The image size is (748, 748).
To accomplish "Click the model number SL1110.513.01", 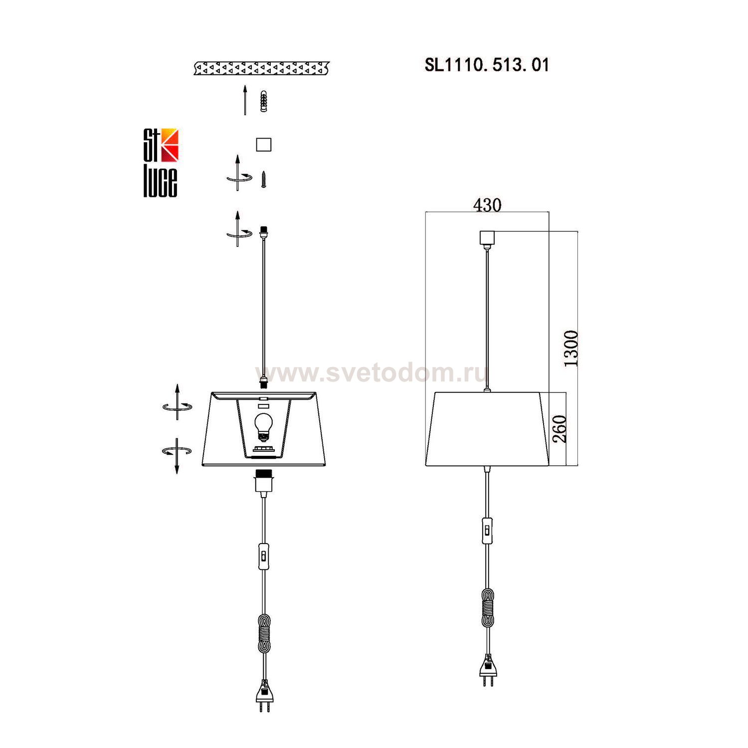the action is click(x=487, y=65).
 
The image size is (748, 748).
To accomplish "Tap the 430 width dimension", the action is click(x=487, y=204).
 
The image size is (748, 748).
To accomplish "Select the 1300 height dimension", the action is click(x=571, y=348).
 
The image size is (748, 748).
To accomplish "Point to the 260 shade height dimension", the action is click(x=560, y=429).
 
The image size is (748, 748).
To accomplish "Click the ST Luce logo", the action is click(x=161, y=163).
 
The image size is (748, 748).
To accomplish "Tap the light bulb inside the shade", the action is click(x=263, y=427).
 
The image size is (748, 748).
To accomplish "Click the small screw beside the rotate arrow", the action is click(x=264, y=180).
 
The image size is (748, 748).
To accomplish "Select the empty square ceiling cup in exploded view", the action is click(x=263, y=145).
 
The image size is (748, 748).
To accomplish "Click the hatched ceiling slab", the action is click(x=262, y=68).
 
